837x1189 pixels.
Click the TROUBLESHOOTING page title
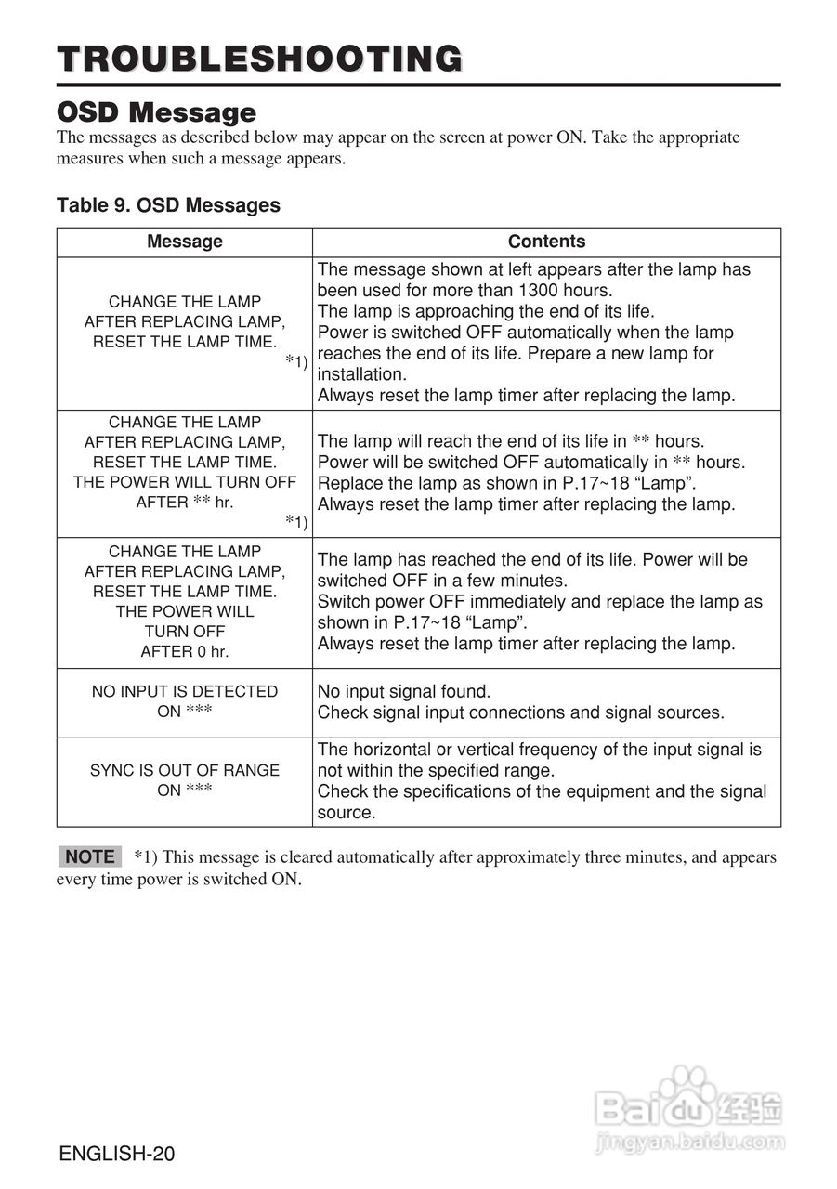[259, 59]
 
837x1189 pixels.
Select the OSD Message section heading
[156, 112]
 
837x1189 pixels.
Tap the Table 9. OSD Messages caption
[168, 204]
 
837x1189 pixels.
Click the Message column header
[185, 242]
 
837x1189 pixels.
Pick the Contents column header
[546, 242]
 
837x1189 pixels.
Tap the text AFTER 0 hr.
[185, 652]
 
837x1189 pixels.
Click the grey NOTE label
[90, 856]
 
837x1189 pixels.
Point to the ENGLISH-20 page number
[116, 1155]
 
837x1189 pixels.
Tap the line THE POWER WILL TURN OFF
[185, 482]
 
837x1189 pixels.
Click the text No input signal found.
[404, 691]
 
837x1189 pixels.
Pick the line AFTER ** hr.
[185, 503]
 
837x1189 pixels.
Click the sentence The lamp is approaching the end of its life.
[486, 311]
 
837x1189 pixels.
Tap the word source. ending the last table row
[347, 813]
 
